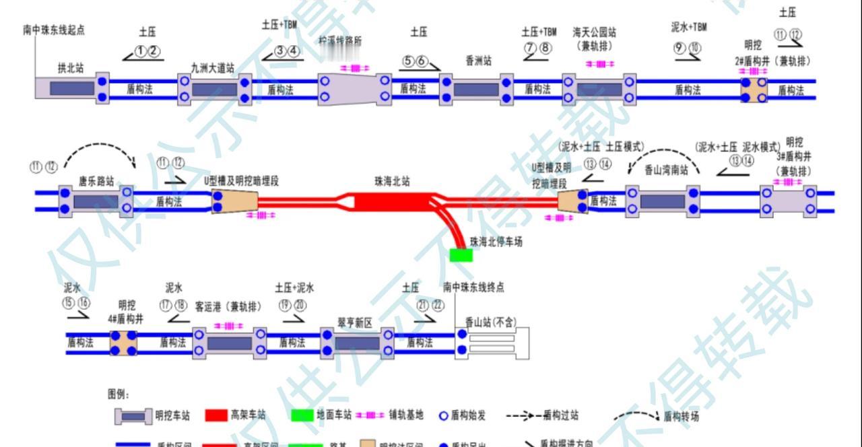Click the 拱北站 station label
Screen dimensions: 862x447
(x=71, y=68)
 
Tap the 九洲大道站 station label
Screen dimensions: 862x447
(x=213, y=68)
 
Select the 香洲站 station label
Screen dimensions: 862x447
(x=479, y=61)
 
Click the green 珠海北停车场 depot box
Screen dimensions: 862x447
(x=461, y=255)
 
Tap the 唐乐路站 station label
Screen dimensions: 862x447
(x=96, y=180)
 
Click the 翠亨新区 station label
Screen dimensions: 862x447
(x=355, y=322)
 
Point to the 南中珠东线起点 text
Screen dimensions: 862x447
(x=54, y=30)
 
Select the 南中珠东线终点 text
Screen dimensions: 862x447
(x=473, y=287)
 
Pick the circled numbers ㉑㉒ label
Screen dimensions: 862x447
(x=430, y=305)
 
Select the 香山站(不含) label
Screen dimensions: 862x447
(x=490, y=322)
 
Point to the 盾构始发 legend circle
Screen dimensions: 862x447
(x=443, y=415)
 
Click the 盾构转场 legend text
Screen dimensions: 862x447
(x=681, y=417)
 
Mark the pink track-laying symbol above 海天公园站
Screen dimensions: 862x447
(x=599, y=64)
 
